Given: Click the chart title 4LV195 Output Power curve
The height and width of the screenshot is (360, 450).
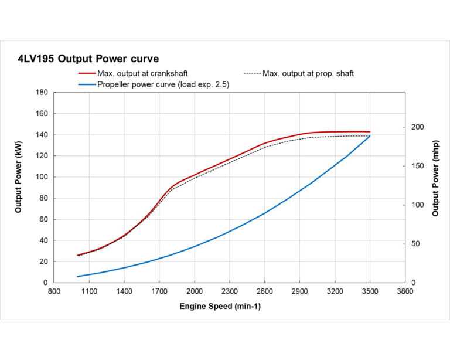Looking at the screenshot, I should tap(88, 59).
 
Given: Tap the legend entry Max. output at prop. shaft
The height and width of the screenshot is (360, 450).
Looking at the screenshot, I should tap(308, 74).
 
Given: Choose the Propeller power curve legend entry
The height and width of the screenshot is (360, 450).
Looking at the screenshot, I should tap(165, 84).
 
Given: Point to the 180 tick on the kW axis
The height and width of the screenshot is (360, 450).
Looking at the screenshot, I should tap(42, 93).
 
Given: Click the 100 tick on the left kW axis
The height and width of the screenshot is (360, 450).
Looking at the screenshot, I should tap(42, 177).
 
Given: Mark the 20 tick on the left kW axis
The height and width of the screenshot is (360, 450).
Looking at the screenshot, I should tap(44, 261).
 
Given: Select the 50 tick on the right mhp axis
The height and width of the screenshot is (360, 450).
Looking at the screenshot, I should tap(415, 244).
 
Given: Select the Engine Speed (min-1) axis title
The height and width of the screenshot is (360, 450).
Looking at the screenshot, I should tap(220, 307).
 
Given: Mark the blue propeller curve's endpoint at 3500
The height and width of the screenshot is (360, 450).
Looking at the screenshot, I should tap(370, 136).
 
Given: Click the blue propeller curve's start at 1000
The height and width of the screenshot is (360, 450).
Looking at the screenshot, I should tap(77, 276).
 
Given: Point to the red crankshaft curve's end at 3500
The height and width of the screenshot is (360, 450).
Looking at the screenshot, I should tap(370, 132).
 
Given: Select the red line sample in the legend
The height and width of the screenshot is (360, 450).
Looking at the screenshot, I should tap(87, 74).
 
